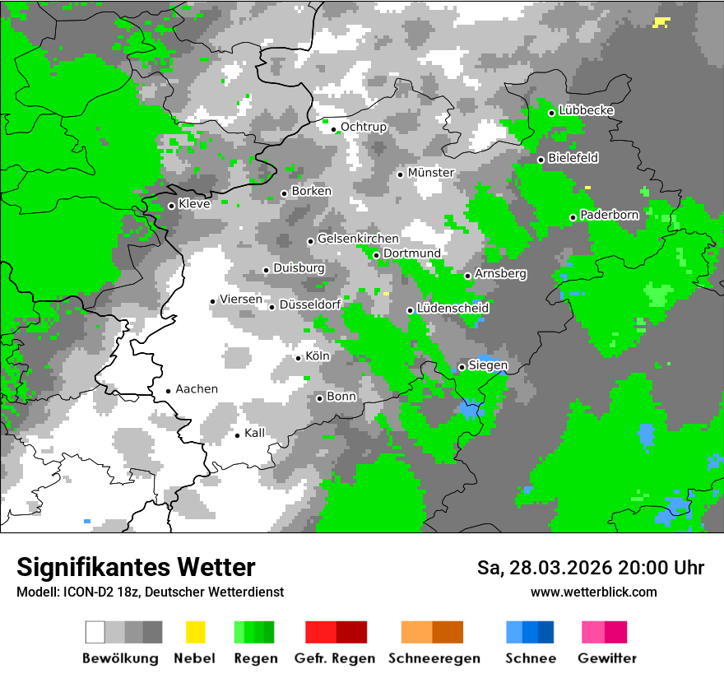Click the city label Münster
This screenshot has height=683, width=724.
coord(431,173)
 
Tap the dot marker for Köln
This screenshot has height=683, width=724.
coord(299,358)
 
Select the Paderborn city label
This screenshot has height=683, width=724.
coord(610,215)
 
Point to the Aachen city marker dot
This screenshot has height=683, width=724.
coord(168,392)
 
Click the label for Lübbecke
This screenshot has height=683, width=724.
coord(587,110)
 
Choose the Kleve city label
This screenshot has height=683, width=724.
coord(194,204)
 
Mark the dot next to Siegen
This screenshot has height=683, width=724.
coord(462,367)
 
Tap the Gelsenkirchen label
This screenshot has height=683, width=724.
coord(358,239)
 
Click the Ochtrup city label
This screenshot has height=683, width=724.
coord(364,127)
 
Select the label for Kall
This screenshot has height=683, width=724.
coord(255,433)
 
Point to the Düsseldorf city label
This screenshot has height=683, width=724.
coord(310,304)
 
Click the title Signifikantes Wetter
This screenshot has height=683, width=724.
coord(136,567)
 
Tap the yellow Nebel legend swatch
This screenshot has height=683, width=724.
coord(195,632)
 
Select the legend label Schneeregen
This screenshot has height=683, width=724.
coord(434,658)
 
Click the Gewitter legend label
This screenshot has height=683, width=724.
coord(607,658)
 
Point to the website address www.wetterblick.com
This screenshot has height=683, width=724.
coord(594,592)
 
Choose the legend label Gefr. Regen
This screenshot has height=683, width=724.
coord(335,658)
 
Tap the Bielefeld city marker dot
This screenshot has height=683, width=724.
coord(541,160)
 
